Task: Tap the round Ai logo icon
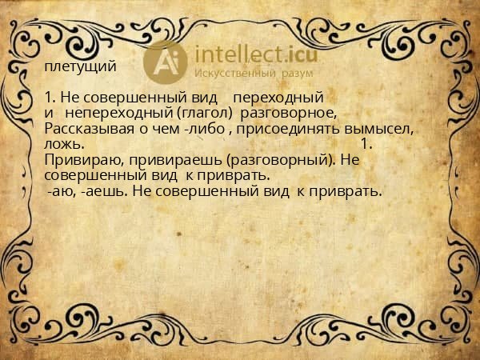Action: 165,61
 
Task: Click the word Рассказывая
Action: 85,128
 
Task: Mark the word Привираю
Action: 81,159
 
